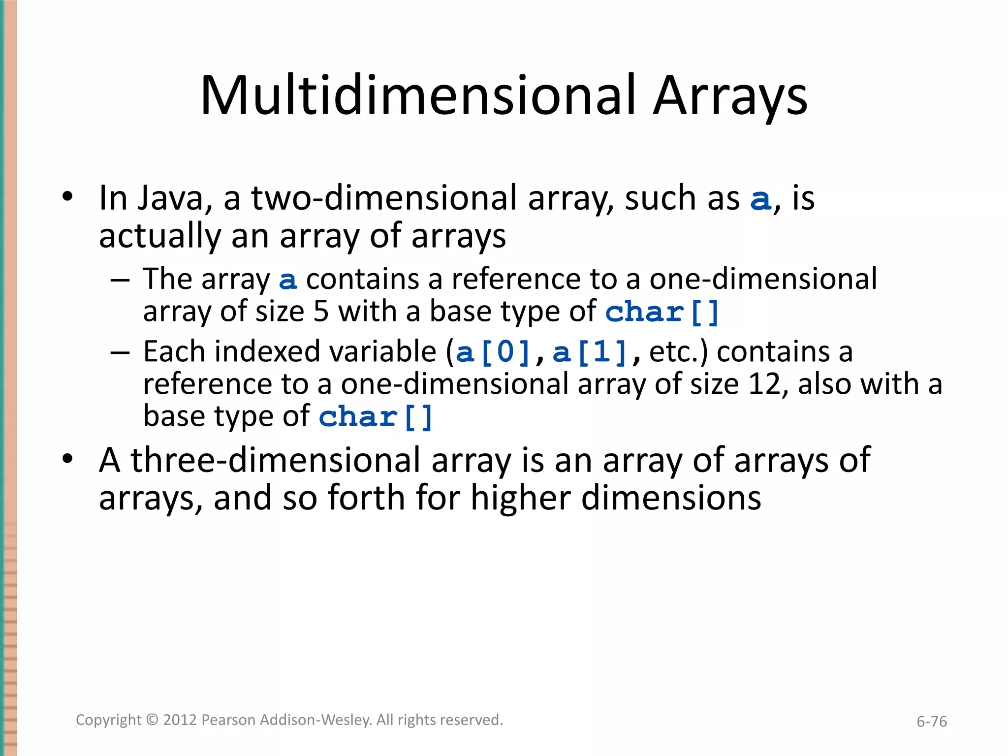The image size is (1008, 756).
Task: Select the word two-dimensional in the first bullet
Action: tap(384, 198)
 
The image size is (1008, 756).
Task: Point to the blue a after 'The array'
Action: tap(288, 280)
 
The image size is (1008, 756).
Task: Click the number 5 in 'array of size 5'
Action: tap(321, 312)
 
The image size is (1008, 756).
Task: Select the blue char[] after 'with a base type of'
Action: tap(662, 313)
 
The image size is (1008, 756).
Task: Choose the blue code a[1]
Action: tap(590, 353)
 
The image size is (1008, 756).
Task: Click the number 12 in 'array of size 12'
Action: tap(764, 384)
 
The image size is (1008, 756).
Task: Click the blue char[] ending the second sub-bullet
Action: tap(376, 417)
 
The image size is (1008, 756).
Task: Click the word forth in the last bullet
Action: tap(367, 498)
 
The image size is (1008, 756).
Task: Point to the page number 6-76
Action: tap(931, 722)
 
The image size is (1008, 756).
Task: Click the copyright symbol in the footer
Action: tap(153, 720)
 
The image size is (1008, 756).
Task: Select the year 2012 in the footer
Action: tap(180, 720)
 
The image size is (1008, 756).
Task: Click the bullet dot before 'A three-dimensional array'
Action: tap(67, 459)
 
